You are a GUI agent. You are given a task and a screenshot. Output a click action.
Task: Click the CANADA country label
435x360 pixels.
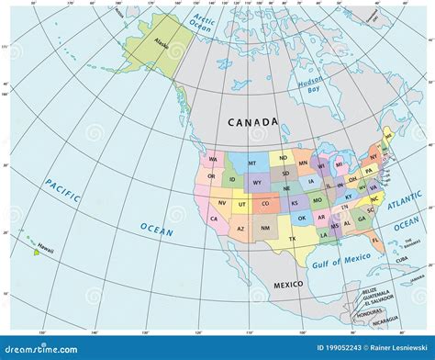click(x=252, y=122)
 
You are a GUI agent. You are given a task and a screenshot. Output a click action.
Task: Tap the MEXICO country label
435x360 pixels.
click(x=286, y=286)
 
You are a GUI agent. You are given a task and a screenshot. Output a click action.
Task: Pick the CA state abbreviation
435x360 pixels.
click(x=214, y=219)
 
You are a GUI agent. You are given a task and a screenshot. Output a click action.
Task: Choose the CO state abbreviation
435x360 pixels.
click(x=266, y=204)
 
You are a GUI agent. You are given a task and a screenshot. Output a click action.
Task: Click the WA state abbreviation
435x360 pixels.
click(x=213, y=159)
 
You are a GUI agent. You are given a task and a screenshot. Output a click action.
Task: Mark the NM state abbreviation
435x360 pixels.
click(x=266, y=227)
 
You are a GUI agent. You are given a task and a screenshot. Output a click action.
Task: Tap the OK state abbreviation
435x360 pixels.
click(x=300, y=218)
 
